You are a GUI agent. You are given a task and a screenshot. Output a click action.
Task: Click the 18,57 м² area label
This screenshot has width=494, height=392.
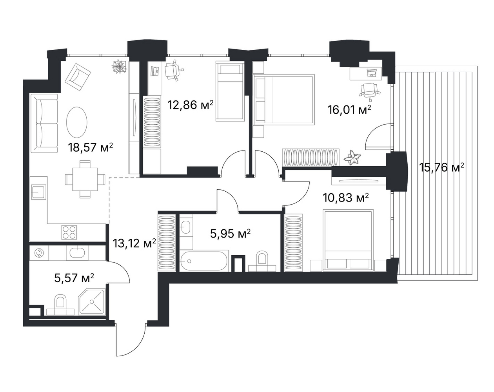coord(90,147)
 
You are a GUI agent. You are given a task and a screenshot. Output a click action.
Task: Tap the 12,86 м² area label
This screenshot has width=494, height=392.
coord(191,105)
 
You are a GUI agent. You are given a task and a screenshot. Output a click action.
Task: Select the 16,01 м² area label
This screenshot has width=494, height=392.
coord(349,110)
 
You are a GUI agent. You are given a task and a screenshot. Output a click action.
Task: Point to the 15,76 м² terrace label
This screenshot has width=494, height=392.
coord(441,167)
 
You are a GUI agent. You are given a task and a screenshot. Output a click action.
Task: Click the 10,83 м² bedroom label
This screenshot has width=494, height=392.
coord(346,198)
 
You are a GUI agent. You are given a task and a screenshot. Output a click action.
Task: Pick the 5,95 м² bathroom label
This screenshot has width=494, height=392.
coord(230,234)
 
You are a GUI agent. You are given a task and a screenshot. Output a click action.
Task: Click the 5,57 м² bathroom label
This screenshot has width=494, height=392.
coord(74,278)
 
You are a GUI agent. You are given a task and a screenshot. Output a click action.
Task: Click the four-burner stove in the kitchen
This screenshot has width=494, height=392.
coord(69,232)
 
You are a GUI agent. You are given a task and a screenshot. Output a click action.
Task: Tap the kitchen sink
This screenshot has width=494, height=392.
coord(38,192)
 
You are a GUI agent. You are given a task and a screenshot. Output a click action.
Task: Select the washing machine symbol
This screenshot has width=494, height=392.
coord(38,253)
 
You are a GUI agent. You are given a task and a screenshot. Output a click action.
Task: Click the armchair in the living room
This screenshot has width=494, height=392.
coord(78,77)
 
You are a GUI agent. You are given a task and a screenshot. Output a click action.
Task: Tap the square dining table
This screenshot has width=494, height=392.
coord(85,179)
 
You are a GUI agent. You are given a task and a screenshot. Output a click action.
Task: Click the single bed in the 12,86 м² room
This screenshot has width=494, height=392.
coord(230,91)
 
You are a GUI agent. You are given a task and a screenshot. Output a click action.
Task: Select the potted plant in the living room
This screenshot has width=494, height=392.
coord(119,66)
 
